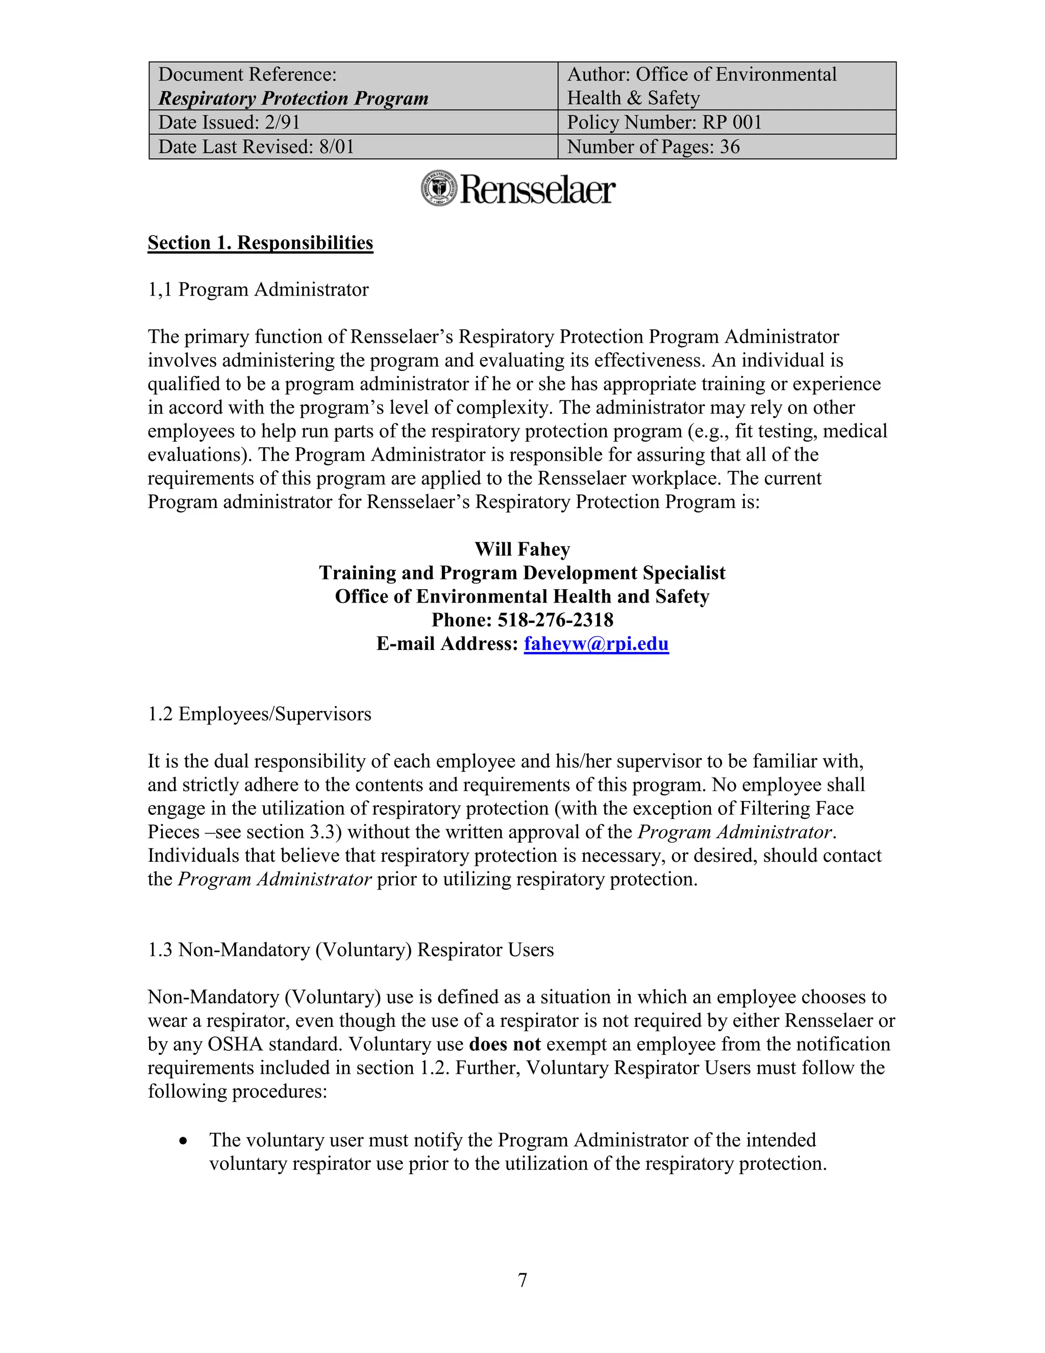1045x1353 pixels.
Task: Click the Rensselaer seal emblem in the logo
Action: (439, 189)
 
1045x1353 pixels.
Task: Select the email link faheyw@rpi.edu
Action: (596, 644)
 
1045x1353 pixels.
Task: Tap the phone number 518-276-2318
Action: (555, 620)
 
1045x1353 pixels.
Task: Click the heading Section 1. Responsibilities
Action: (260, 243)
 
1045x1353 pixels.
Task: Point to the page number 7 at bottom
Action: (522, 1279)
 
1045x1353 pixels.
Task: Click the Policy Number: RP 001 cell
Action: (664, 122)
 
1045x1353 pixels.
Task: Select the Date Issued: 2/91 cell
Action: (229, 122)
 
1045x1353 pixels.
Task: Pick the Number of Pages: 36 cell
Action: (653, 147)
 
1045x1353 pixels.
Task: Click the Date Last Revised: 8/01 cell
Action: (256, 147)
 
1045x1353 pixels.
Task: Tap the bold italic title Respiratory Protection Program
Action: (293, 99)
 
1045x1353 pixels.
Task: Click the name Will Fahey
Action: (522, 549)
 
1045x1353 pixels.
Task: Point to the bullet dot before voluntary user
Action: (183, 1141)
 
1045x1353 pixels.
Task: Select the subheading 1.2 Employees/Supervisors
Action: (259, 714)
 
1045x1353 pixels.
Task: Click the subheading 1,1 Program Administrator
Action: (258, 290)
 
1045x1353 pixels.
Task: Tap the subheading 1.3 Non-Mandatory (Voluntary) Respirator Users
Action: (351, 950)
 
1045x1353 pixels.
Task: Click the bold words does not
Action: (505, 1045)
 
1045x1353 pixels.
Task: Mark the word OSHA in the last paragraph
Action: (235, 1045)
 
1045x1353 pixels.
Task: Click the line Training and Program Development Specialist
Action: (522, 573)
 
